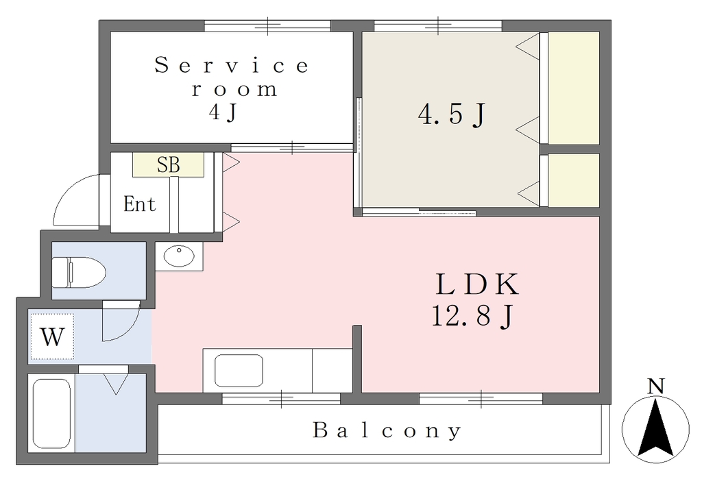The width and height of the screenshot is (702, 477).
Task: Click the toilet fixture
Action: (79, 272)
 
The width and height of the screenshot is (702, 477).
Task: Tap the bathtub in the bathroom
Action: (52, 413)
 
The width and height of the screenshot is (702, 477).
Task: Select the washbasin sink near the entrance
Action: (179, 256)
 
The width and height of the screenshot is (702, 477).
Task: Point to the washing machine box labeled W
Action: (52, 336)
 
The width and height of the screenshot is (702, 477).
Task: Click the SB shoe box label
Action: (169, 164)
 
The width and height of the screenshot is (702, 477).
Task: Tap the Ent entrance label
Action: (140, 204)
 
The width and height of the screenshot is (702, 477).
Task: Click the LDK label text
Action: (477, 284)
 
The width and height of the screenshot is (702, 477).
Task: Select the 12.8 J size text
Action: (472, 315)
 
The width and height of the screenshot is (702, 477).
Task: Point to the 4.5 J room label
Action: (452, 114)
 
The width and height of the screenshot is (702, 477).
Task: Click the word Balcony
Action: (387, 430)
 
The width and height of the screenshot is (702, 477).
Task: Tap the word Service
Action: (232, 65)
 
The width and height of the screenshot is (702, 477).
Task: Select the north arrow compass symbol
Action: (656, 428)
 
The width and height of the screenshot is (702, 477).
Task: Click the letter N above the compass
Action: (656, 386)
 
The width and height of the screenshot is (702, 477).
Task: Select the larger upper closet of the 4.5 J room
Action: (574, 88)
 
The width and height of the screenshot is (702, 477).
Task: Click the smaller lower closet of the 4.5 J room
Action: (574, 180)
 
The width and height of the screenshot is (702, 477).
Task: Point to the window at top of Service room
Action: (267, 25)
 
